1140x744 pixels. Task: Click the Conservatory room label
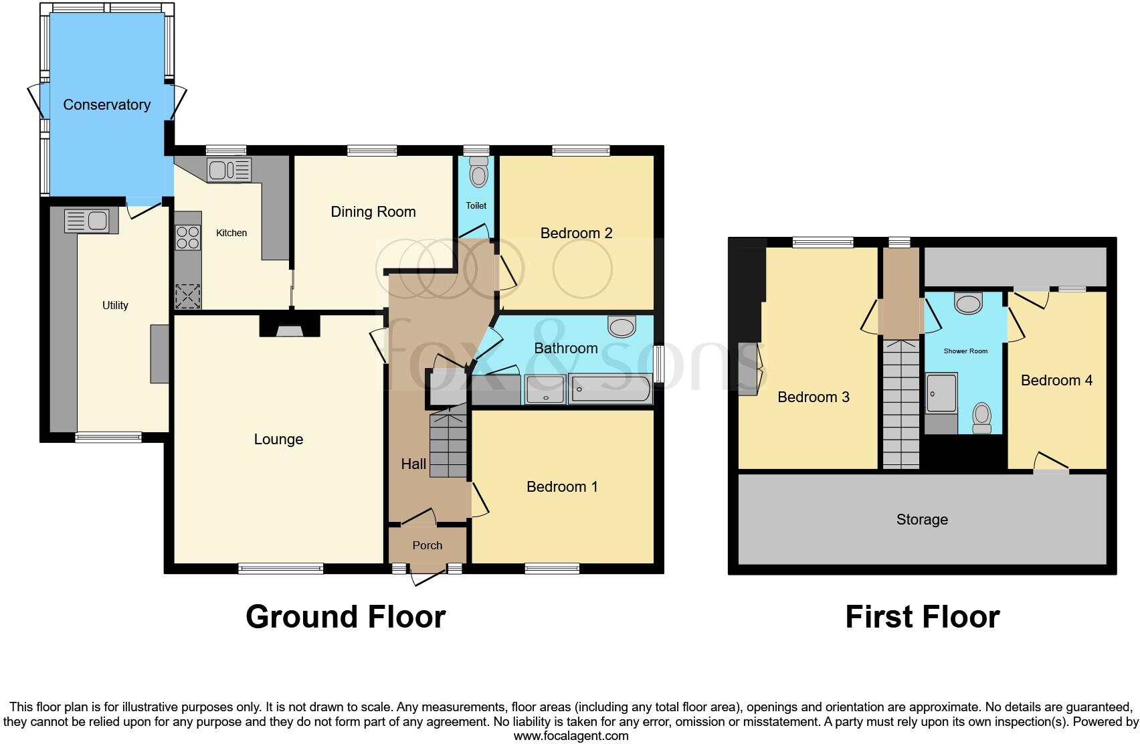tap(106, 104)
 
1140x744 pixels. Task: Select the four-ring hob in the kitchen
tap(188, 237)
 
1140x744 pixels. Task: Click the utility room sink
tap(86, 220)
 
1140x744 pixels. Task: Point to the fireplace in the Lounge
tap(290, 327)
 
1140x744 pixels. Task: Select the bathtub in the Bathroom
tap(609, 389)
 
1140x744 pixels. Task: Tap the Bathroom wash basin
tap(622, 327)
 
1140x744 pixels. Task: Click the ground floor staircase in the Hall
tap(448, 445)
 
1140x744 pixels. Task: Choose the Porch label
tap(427, 545)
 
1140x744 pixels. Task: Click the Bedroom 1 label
tap(562, 486)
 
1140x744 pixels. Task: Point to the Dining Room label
tap(373, 211)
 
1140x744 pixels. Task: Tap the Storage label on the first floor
tap(922, 519)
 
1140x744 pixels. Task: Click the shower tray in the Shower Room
tap(941, 393)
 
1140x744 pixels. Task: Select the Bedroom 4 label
tap(1056, 380)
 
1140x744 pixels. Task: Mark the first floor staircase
tap(900, 404)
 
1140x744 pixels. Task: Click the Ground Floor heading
tap(345, 616)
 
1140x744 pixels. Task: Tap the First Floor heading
tap(922, 616)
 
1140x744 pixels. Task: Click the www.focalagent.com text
tap(570, 736)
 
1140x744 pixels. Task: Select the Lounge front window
tap(281, 569)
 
